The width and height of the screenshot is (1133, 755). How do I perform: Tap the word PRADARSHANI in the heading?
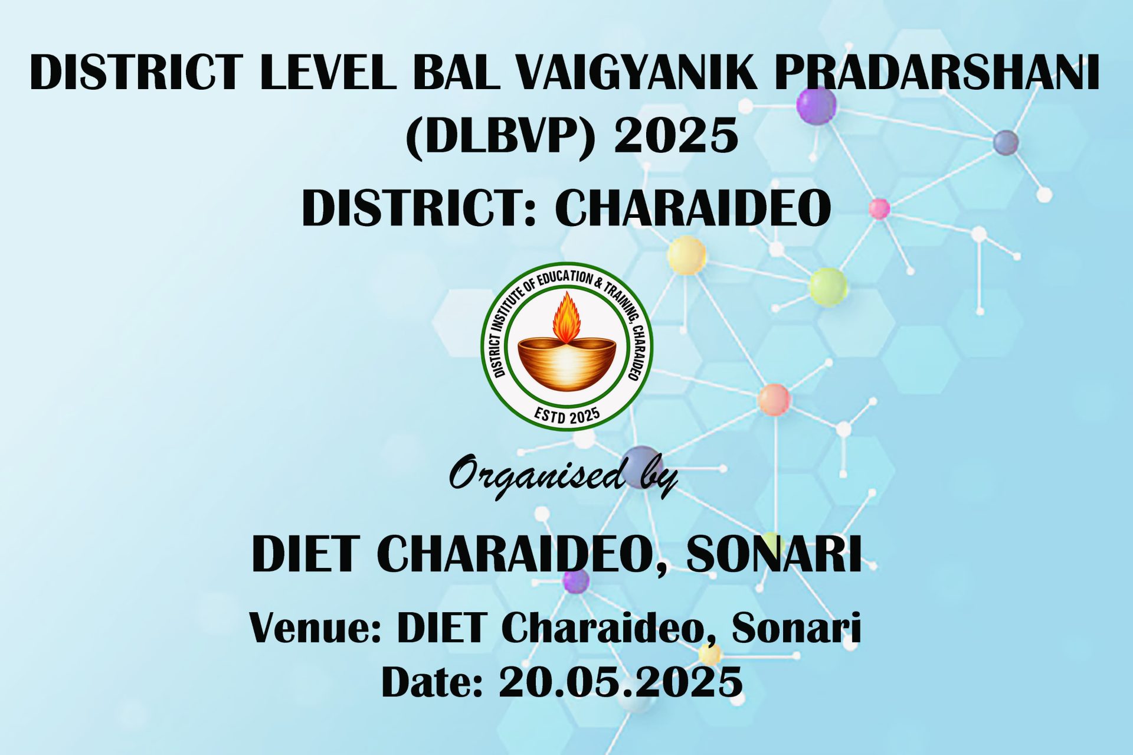[x=937, y=72]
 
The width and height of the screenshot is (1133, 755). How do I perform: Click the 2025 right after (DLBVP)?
[x=676, y=135]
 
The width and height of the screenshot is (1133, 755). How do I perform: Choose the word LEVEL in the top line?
[x=328, y=72]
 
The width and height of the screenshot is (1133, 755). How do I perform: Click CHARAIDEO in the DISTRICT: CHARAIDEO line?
[x=693, y=208]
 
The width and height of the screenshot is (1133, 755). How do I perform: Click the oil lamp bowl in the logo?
[x=566, y=364]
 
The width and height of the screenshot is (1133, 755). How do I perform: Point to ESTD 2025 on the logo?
[x=567, y=415]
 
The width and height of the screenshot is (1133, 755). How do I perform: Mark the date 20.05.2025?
[x=620, y=682]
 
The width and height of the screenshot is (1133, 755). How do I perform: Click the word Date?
[x=432, y=682]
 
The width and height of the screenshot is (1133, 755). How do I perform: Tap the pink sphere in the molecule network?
[x=879, y=208]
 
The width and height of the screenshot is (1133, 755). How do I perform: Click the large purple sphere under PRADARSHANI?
[x=816, y=105]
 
